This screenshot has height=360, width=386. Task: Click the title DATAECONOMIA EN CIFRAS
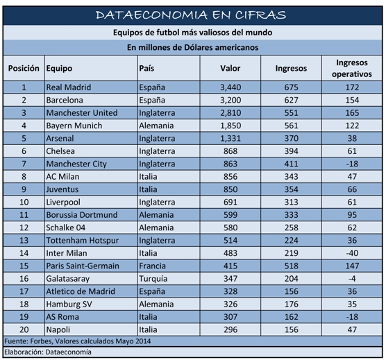point(191,15)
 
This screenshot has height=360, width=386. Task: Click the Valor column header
point(230,68)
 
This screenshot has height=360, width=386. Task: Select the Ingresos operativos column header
point(352,68)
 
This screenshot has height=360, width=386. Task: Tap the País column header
point(146,68)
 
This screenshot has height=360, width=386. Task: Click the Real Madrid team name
point(69,87)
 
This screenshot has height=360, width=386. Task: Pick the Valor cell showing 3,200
point(230,100)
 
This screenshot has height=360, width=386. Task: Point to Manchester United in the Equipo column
point(82,113)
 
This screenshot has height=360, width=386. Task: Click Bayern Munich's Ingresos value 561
point(291,126)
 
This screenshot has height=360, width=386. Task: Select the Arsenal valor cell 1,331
point(230,139)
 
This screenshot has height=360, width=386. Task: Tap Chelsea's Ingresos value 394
point(291,151)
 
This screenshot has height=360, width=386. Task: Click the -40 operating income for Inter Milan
point(352,253)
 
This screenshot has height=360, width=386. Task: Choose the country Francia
point(152,266)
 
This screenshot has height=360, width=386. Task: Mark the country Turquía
point(153,279)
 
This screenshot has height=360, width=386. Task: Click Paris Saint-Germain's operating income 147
point(352,266)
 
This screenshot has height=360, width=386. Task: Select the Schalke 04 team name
point(66,228)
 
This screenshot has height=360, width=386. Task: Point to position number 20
point(24,329)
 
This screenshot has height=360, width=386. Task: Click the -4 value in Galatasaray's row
point(352,279)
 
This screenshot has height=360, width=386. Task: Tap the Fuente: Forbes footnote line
point(78,341)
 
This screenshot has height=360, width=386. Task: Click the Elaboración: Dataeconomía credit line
point(48,352)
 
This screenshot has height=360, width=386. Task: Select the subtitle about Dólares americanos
point(192,47)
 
